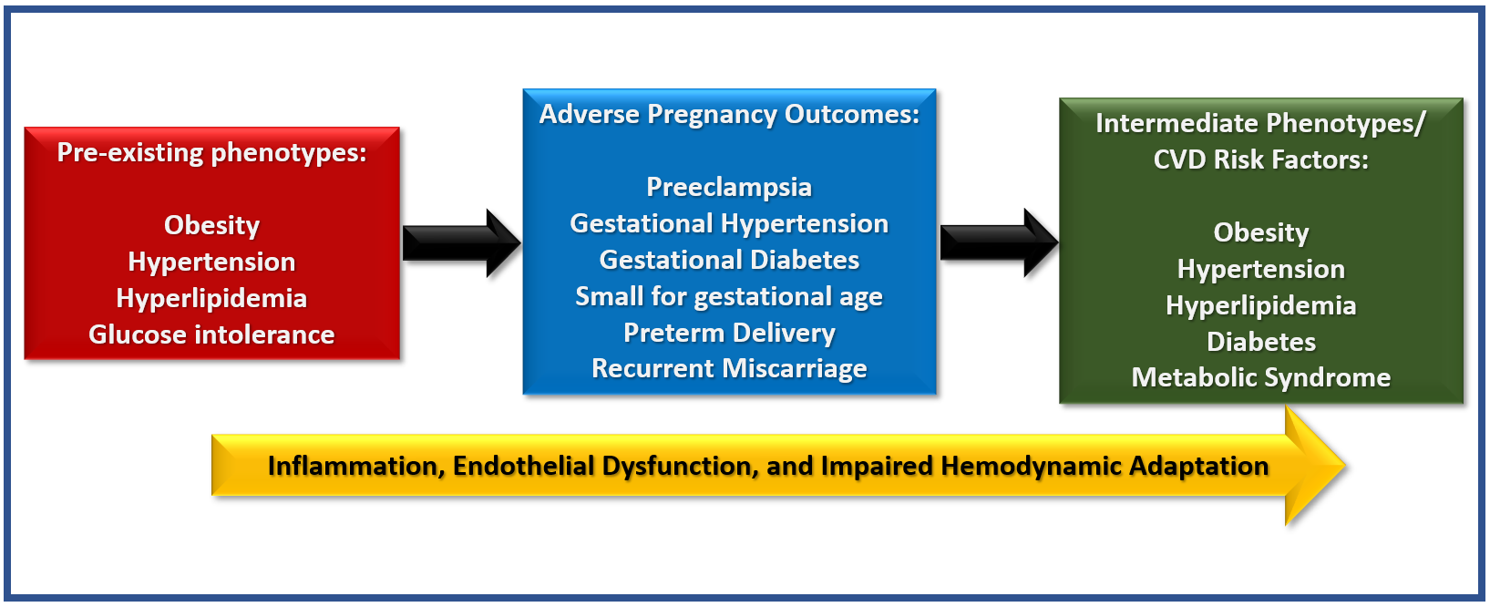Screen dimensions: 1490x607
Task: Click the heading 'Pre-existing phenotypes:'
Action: (211, 153)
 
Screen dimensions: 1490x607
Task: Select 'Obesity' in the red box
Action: (211, 226)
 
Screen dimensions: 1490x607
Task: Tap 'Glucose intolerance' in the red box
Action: (211, 334)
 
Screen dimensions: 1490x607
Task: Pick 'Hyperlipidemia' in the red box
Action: (211, 299)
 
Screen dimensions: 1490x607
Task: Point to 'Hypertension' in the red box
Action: (211, 262)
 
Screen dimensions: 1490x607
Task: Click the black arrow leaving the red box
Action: (462, 243)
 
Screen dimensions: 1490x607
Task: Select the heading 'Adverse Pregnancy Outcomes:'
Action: (729, 115)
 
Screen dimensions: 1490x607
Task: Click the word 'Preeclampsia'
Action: (729, 188)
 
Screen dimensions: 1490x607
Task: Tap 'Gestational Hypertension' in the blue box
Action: (729, 223)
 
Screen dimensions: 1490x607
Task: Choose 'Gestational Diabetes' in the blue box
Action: (729, 260)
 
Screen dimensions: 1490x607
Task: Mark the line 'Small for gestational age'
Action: (729, 297)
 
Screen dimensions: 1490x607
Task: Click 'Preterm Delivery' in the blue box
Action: (729, 333)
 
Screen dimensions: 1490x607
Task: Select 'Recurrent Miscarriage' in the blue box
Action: (729, 369)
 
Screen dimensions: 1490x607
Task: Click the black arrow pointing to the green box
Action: (999, 243)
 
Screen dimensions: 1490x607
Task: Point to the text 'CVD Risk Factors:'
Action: (1260, 159)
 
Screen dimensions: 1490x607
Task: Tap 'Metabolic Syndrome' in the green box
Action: (1260, 377)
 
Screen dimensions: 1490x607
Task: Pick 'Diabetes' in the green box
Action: (1260, 342)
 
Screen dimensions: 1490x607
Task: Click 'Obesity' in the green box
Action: (1260, 233)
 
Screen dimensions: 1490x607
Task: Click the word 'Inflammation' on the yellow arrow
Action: (356, 467)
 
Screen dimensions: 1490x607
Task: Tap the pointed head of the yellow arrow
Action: (1345, 465)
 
